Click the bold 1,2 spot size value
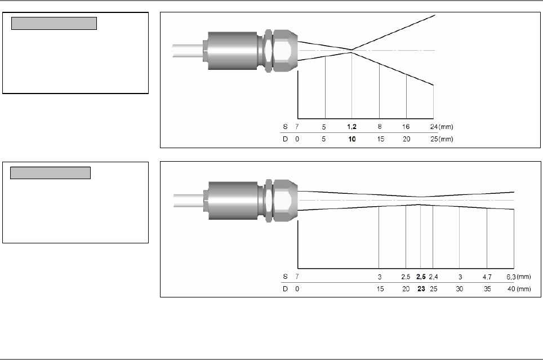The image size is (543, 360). coord(351,127)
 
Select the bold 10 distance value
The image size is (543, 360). coord(352,139)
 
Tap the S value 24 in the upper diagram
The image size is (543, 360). coord(434,127)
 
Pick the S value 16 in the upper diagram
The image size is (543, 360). coord(406,127)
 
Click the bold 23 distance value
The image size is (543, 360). coord(421,288)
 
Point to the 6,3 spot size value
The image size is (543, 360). coord(511,277)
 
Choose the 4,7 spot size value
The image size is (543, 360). coord(487,277)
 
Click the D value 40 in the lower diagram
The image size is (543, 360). coord(511,288)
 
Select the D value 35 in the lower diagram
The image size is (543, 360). coord(487,288)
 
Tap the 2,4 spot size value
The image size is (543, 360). coord(433,277)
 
